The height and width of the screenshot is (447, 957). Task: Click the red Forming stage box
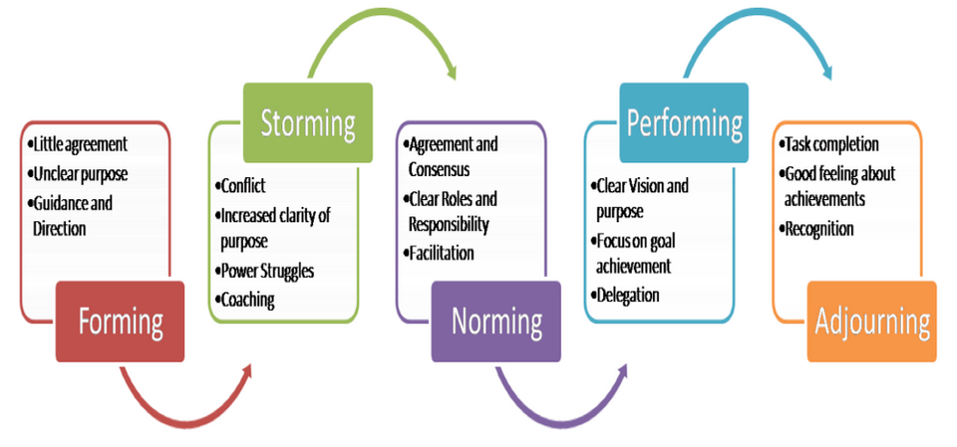tap(120, 321)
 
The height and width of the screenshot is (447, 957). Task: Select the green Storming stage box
tap(308, 123)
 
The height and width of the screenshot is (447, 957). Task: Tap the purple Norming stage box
tap(495, 321)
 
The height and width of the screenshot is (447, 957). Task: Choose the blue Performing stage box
tap(684, 123)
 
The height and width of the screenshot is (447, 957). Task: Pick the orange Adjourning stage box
tap(872, 321)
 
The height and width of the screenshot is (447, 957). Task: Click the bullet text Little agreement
tap(80, 144)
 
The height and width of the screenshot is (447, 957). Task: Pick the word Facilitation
tap(444, 253)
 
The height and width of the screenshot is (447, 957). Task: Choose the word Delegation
tap(630, 295)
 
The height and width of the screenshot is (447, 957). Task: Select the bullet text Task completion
tap(831, 144)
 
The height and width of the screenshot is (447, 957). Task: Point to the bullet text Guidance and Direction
tap(72, 215)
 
